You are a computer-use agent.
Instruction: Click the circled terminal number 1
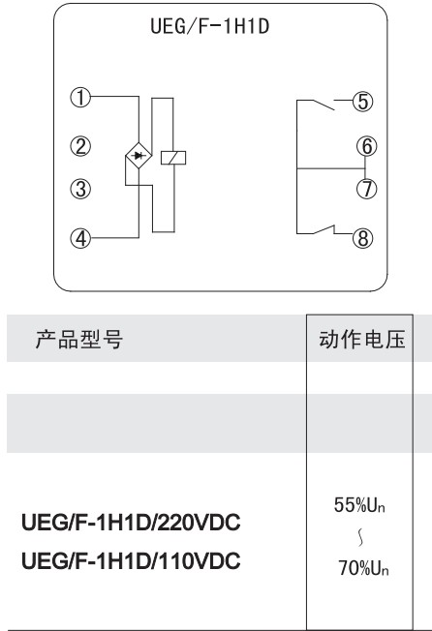pos(81,98)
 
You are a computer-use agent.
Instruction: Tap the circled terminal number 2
pos(81,146)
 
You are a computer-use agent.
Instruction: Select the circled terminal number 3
pos(81,189)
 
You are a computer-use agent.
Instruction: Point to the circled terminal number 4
pos(81,238)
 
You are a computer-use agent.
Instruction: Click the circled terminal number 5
pos(363,102)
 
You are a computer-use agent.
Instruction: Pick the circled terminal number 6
pos(367,146)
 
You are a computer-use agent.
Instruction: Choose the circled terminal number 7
pos(367,189)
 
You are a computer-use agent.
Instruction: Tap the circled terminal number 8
pos(363,238)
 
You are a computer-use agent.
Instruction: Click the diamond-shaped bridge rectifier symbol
pos(139,156)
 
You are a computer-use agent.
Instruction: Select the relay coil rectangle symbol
pos(173,158)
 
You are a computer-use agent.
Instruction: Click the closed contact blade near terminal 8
pos(324,229)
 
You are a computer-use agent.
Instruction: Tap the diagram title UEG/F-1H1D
pos(210,26)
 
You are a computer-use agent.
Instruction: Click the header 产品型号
pos(79,339)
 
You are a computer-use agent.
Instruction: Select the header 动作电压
pos(361,339)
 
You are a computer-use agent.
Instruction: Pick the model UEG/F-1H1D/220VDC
pos(131,523)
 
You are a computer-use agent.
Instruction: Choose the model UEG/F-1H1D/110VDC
pos(131,560)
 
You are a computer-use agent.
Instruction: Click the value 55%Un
pos(359,505)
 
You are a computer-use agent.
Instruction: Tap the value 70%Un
pos(363,568)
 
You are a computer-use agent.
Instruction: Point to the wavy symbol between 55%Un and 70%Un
pos(360,537)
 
